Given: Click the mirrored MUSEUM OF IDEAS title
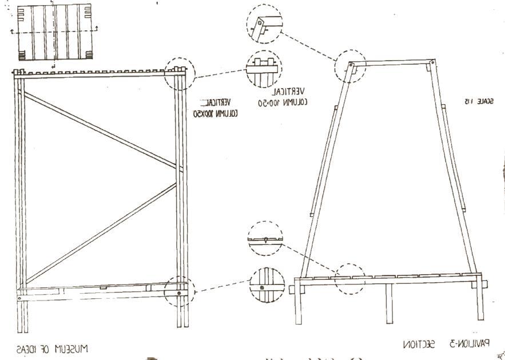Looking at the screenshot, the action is click(x=52, y=348).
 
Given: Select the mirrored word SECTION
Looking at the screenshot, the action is click(x=420, y=345).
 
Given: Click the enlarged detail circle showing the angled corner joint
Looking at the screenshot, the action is click(x=264, y=23).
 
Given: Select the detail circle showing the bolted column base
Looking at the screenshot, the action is click(x=267, y=284).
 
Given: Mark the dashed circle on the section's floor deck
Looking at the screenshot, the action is click(x=349, y=279).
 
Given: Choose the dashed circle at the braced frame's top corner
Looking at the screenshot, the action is click(x=179, y=73).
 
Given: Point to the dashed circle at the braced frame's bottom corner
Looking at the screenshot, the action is click(x=179, y=291).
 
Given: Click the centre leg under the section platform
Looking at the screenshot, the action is click(x=389, y=303).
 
